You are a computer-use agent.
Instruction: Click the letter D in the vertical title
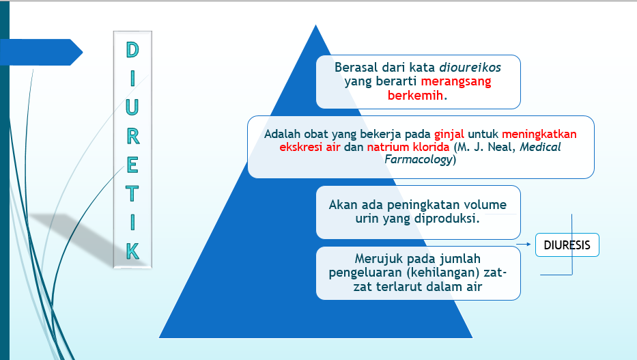[x=132, y=50]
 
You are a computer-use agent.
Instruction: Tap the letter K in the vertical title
[x=132, y=251]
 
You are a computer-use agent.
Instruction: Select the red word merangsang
[x=456, y=81]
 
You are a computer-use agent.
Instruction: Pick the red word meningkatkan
[x=539, y=133]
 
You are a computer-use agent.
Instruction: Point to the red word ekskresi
[x=299, y=146]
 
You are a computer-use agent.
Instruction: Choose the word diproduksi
[x=447, y=219]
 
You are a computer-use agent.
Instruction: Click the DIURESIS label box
[x=567, y=245]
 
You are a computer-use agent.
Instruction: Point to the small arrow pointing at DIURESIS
[x=525, y=244]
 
